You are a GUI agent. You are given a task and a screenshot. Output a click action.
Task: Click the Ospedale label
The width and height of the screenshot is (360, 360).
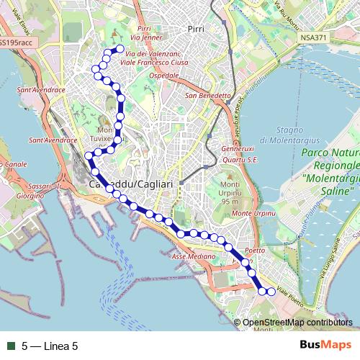[x=163, y=75]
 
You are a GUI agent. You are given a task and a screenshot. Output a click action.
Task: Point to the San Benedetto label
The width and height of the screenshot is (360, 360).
[x=208, y=95]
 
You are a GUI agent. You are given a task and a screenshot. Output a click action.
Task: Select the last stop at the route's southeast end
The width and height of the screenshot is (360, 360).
[x=271, y=292]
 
